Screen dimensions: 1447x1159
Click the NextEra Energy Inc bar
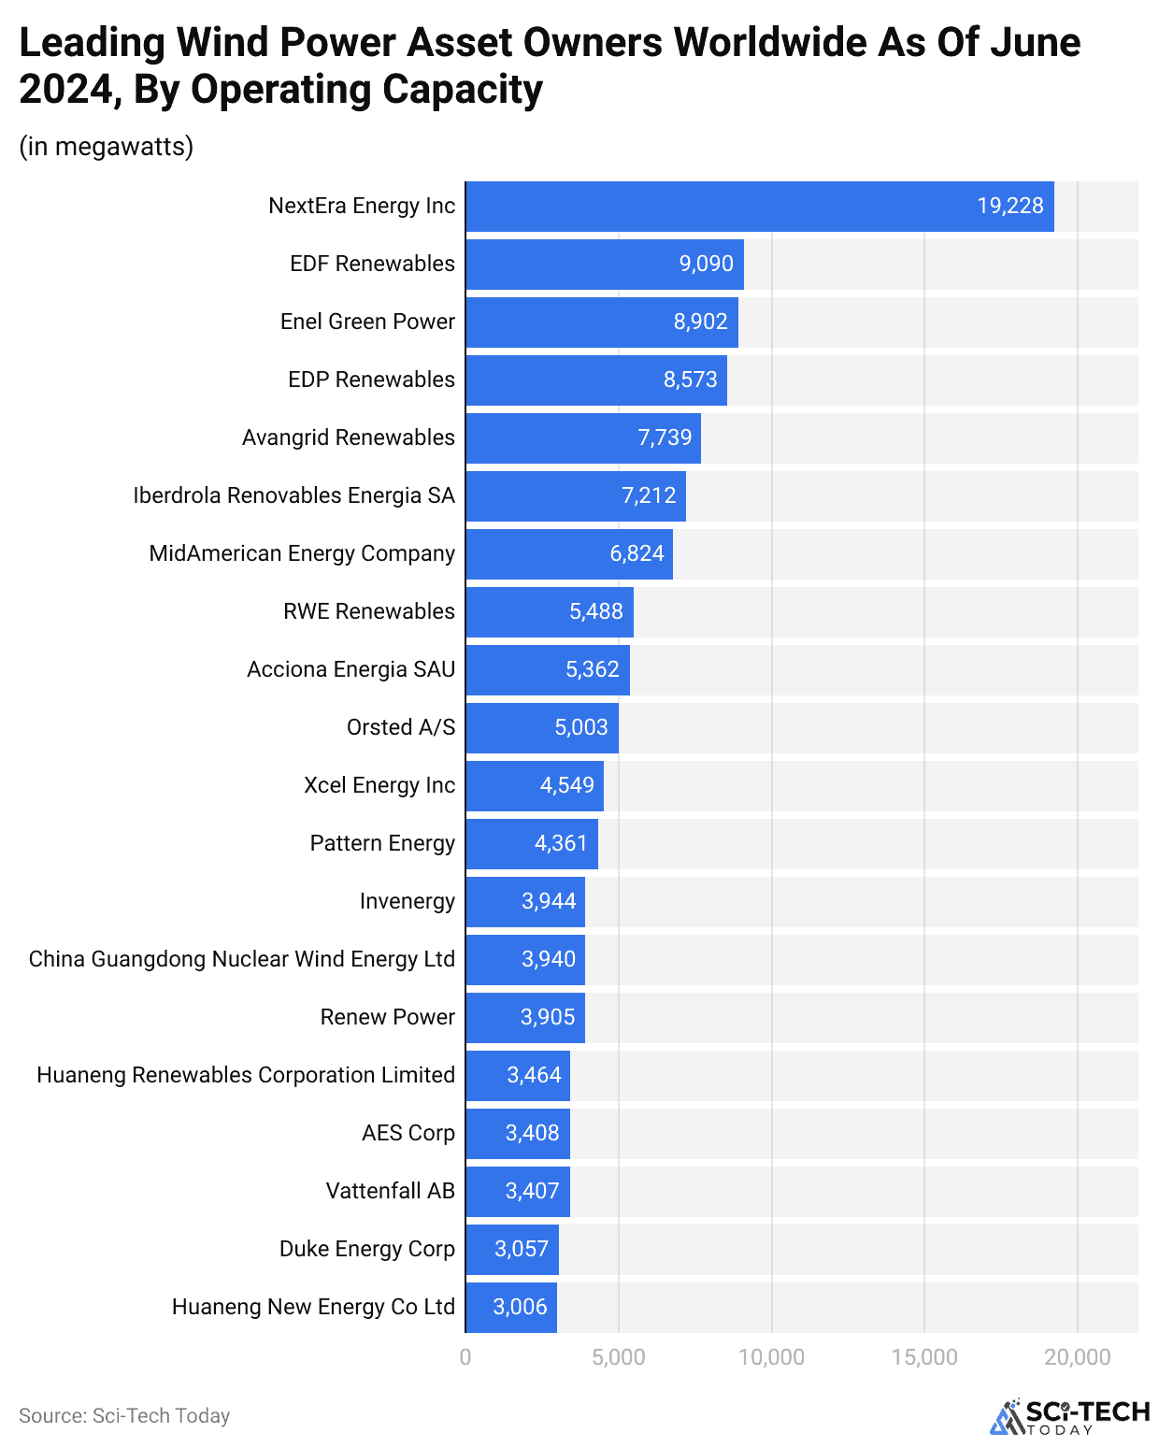759,207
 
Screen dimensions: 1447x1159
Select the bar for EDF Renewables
604,265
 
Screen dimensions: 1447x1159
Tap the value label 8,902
700,322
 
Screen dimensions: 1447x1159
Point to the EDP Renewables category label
371,380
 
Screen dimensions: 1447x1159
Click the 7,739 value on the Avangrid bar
665,437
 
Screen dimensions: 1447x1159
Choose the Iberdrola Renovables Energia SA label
293,495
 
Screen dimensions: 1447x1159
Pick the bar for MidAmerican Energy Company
568,553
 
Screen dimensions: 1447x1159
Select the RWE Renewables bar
549,611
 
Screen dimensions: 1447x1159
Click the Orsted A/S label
400,727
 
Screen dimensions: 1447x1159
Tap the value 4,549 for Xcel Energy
566,785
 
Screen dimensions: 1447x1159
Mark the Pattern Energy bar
531,843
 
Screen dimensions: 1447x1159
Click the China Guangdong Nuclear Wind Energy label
241,959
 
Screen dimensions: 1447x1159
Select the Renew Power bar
524,1017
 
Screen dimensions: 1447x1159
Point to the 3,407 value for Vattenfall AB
532,1191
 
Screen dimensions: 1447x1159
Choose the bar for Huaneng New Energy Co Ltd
510,1307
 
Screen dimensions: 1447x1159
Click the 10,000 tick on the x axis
771,1357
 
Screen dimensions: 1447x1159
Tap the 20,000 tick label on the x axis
1077,1357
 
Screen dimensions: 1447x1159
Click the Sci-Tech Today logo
1069,1417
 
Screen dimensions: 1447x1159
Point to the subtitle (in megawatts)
107,147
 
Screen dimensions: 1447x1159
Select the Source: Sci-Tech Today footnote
124,1416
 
